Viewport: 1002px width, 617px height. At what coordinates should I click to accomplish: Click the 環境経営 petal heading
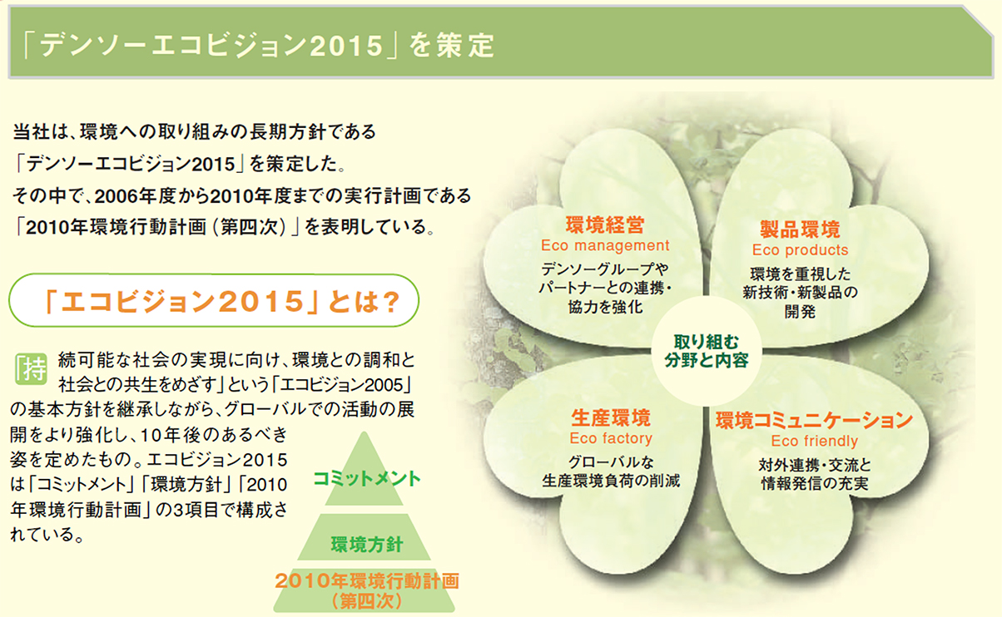[x=604, y=225]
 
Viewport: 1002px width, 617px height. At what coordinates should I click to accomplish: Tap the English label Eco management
[x=604, y=245]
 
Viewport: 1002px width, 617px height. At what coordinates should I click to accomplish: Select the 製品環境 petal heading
[x=800, y=230]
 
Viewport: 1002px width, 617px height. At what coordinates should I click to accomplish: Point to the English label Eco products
[x=800, y=249]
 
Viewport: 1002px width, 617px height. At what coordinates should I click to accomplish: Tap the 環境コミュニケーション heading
[x=814, y=420]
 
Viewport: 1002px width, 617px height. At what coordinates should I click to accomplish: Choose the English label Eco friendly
[x=814, y=441]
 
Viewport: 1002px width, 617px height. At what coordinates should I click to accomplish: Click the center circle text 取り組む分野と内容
[x=706, y=350]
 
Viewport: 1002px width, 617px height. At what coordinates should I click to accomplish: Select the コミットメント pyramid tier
[x=367, y=478]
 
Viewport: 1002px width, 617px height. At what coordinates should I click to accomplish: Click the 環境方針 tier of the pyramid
[x=367, y=545]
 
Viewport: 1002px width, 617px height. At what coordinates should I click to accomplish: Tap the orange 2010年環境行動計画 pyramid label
[x=367, y=580]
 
